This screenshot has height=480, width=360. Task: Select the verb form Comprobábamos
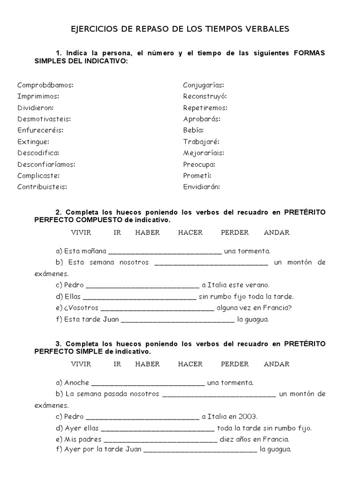pyautogui.click(x=45, y=85)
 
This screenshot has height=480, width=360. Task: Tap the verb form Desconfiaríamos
pyautogui.click(x=46, y=165)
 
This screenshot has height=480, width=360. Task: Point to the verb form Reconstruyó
pyautogui.click(x=205, y=97)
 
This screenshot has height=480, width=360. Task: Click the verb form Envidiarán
pyautogui.click(x=202, y=187)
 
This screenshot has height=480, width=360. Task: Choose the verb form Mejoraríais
pyautogui.click(x=204, y=153)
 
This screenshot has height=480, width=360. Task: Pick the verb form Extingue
pyautogui.click(x=33, y=142)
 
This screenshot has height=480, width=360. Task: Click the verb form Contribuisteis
pyautogui.click(x=42, y=187)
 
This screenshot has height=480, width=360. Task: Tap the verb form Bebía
pyautogui.click(x=194, y=130)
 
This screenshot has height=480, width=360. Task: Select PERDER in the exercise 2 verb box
pyautogui.click(x=235, y=232)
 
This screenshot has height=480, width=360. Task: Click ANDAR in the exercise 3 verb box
pyautogui.click(x=277, y=364)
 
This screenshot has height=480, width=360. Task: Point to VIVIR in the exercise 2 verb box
pyautogui.click(x=81, y=232)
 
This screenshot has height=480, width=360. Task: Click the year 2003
pyautogui.click(x=248, y=417)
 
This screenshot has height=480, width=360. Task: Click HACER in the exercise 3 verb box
pyautogui.click(x=190, y=364)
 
